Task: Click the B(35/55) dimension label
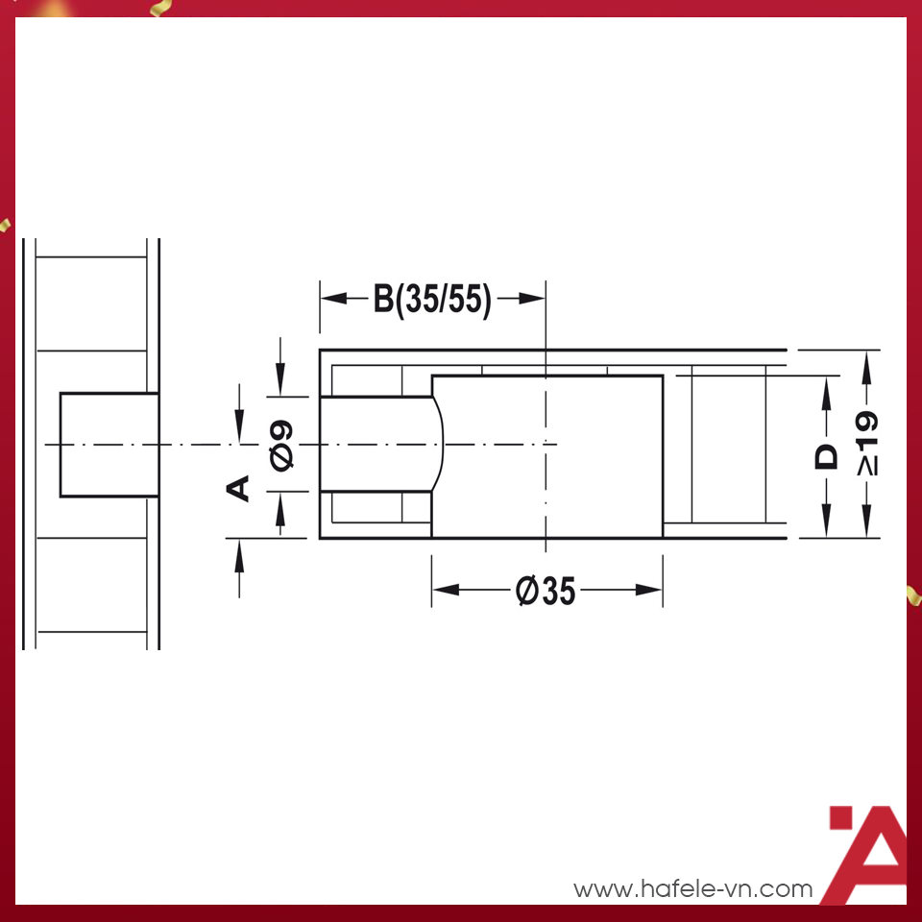(432, 300)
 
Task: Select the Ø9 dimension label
(282, 445)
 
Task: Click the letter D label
(826, 456)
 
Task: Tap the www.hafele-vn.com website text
(692, 889)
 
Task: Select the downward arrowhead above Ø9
(280, 383)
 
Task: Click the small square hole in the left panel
(109, 444)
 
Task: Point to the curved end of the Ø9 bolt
(441, 444)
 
